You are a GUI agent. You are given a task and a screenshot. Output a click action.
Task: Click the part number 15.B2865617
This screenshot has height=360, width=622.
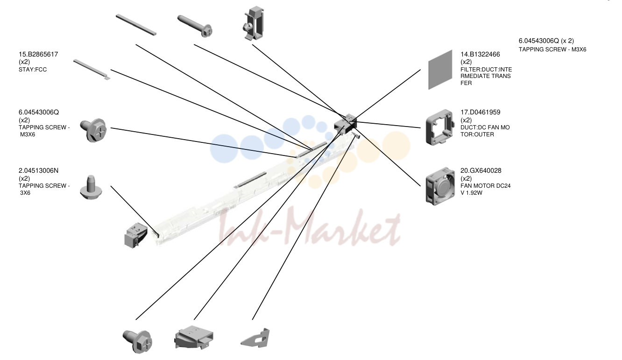coord(38,55)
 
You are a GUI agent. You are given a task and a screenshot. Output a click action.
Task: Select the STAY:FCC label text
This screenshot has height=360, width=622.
coord(33,70)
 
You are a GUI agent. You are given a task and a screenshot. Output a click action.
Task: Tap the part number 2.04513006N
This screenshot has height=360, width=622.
coord(39,171)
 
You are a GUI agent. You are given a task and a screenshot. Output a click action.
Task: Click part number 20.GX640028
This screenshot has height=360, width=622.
coord(481,171)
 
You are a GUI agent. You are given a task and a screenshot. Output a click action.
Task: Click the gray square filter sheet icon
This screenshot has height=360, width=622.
coord(440,70)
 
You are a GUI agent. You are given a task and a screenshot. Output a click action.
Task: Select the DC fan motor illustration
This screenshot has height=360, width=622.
coord(440,186)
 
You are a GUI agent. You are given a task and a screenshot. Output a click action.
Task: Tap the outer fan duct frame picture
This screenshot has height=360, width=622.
coord(440,127)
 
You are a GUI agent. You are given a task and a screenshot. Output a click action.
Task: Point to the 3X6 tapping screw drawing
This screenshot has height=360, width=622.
coord(91,187)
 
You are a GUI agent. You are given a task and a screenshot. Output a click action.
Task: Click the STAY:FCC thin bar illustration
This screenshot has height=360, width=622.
coord(92,70)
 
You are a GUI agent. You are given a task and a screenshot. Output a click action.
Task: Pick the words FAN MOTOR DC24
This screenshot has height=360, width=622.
coord(485,186)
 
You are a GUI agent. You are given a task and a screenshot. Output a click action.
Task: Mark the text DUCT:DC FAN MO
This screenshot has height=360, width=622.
coord(485,127)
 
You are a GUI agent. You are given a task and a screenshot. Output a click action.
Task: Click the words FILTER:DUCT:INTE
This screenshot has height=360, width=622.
coord(486,70)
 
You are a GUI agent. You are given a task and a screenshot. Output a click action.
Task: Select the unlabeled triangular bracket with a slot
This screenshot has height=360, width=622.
coord(255,338)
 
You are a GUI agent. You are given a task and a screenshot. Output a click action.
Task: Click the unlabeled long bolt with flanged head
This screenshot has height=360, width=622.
coord(195,26)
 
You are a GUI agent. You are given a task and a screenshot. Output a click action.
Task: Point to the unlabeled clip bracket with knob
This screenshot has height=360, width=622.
coord(254,23)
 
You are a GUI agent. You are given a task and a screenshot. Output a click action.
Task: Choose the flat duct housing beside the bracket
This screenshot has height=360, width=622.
coord(193,337)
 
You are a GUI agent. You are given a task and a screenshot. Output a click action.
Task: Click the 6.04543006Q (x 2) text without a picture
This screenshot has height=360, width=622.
coord(546,41)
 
